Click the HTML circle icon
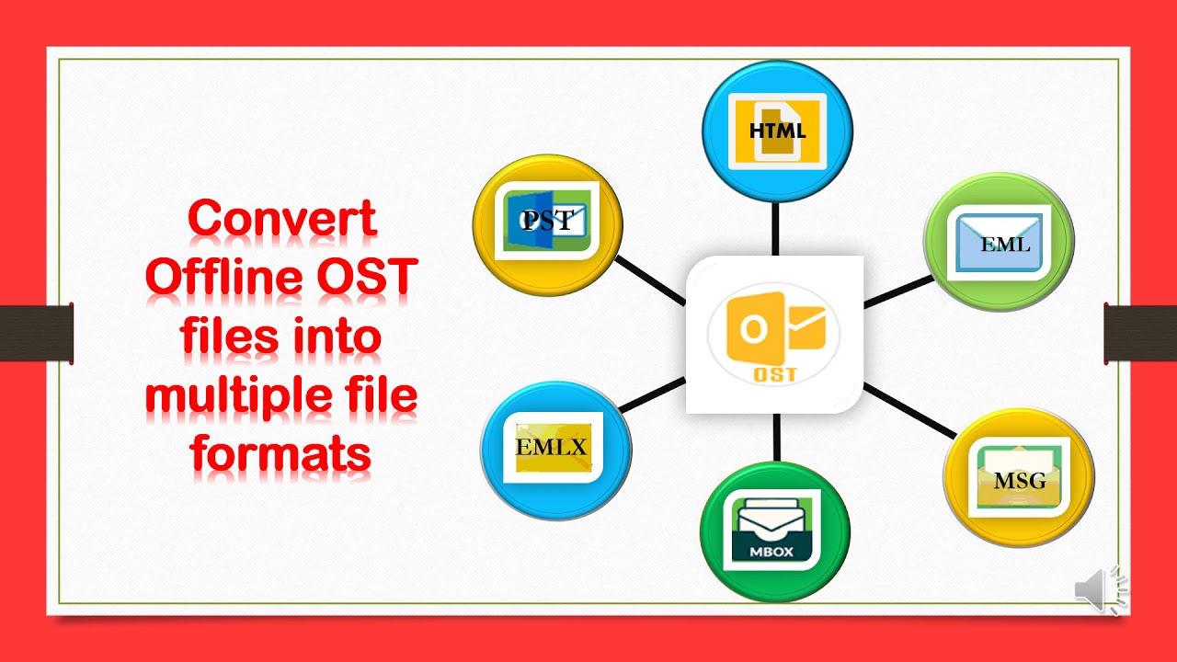click(x=777, y=131)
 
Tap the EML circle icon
click(x=999, y=243)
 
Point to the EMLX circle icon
click(x=555, y=449)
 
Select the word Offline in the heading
click(x=221, y=279)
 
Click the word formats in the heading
click(x=281, y=454)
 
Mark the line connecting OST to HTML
click(x=776, y=228)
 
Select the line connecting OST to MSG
click(x=908, y=410)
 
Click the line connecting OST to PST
click(x=649, y=280)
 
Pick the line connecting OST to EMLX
click(x=653, y=393)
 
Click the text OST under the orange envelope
click(x=774, y=374)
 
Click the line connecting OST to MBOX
click(x=776, y=437)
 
